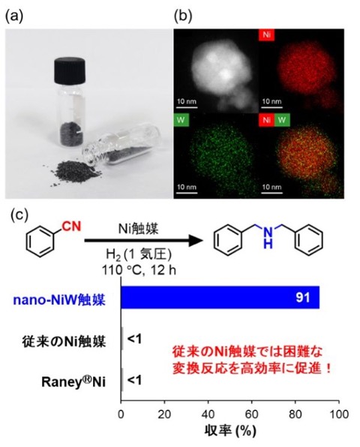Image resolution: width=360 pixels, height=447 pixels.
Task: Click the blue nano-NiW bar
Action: click(220, 297)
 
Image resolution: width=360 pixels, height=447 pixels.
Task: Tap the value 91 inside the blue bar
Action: click(302, 298)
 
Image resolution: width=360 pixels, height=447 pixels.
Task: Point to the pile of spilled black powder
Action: click(75, 172)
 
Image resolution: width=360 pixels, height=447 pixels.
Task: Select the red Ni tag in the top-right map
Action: click(267, 34)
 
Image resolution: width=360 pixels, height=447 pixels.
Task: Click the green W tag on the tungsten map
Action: click(181, 120)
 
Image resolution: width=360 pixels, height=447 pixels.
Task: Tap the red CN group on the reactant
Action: click(72, 226)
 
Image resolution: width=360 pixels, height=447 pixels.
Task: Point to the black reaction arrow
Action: click(144, 241)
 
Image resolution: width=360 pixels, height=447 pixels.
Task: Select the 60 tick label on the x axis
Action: click(252, 414)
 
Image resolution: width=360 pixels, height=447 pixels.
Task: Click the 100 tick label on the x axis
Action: click(339, 414)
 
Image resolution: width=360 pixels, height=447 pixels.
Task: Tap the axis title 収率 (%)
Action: click(230, 431)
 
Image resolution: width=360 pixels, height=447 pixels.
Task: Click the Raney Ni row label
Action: click(73, 382)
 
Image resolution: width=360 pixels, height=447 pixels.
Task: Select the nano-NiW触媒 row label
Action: click(59, 301)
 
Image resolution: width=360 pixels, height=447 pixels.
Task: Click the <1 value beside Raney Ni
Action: click(134, 380)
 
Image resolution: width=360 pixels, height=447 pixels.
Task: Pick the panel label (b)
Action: click(183, 16)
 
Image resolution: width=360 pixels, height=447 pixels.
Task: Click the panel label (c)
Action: click(19, 215)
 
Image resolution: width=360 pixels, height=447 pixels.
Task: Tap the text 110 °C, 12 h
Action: click(139, 270)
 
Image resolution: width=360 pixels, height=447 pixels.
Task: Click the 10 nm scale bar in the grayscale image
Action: click(187, 107)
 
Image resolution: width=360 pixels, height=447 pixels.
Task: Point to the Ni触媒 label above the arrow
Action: click(138, 229)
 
